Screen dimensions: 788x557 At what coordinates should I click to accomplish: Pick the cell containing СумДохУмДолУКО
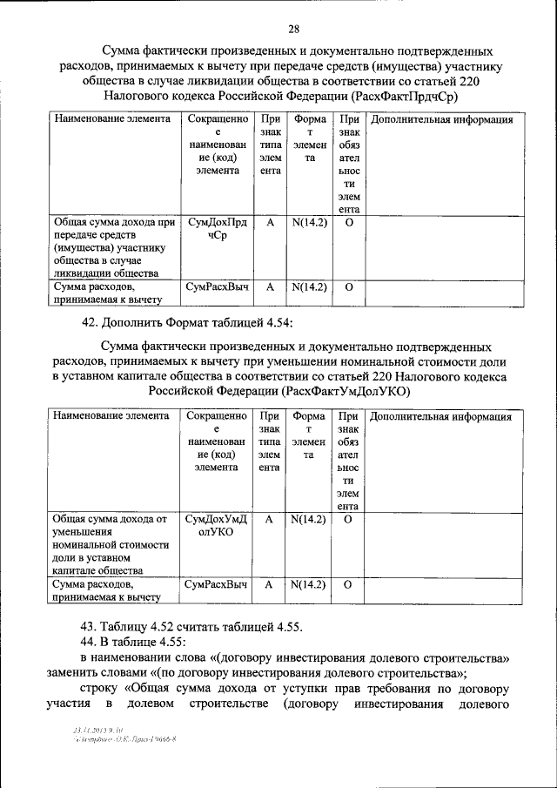(x=217, y=525)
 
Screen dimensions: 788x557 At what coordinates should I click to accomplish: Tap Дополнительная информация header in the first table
(x=441, y=119)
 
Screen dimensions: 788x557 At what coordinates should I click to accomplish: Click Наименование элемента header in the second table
(x=111, y=416)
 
